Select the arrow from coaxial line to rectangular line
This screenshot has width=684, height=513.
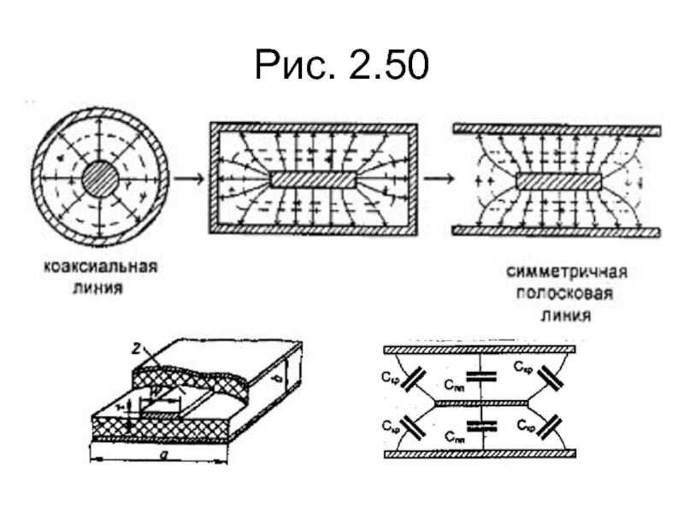point(188,179)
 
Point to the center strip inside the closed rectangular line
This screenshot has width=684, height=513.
point(314,179)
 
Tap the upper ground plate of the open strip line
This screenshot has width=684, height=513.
point(556,131)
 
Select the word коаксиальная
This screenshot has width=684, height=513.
point(101,268)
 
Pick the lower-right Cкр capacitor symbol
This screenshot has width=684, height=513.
point(548,425)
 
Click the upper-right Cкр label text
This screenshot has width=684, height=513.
point(525,367)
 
